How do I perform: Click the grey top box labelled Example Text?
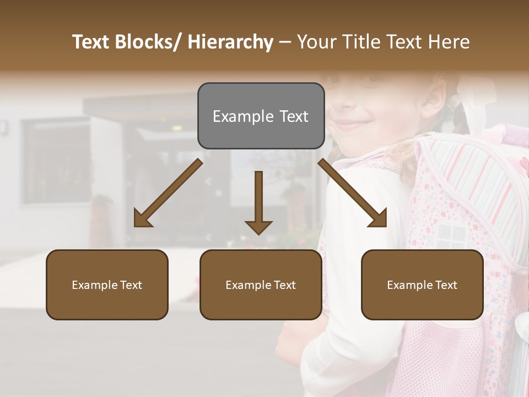tap(261, 116)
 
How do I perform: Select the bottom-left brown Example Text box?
tap(107, 285)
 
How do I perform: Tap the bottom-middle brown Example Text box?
tap(261, 285)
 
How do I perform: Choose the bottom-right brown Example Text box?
tap(422, 285)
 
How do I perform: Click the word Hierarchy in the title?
tap(230, 42)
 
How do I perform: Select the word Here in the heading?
tap(449, 42)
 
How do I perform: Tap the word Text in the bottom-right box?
tap(446, 285)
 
